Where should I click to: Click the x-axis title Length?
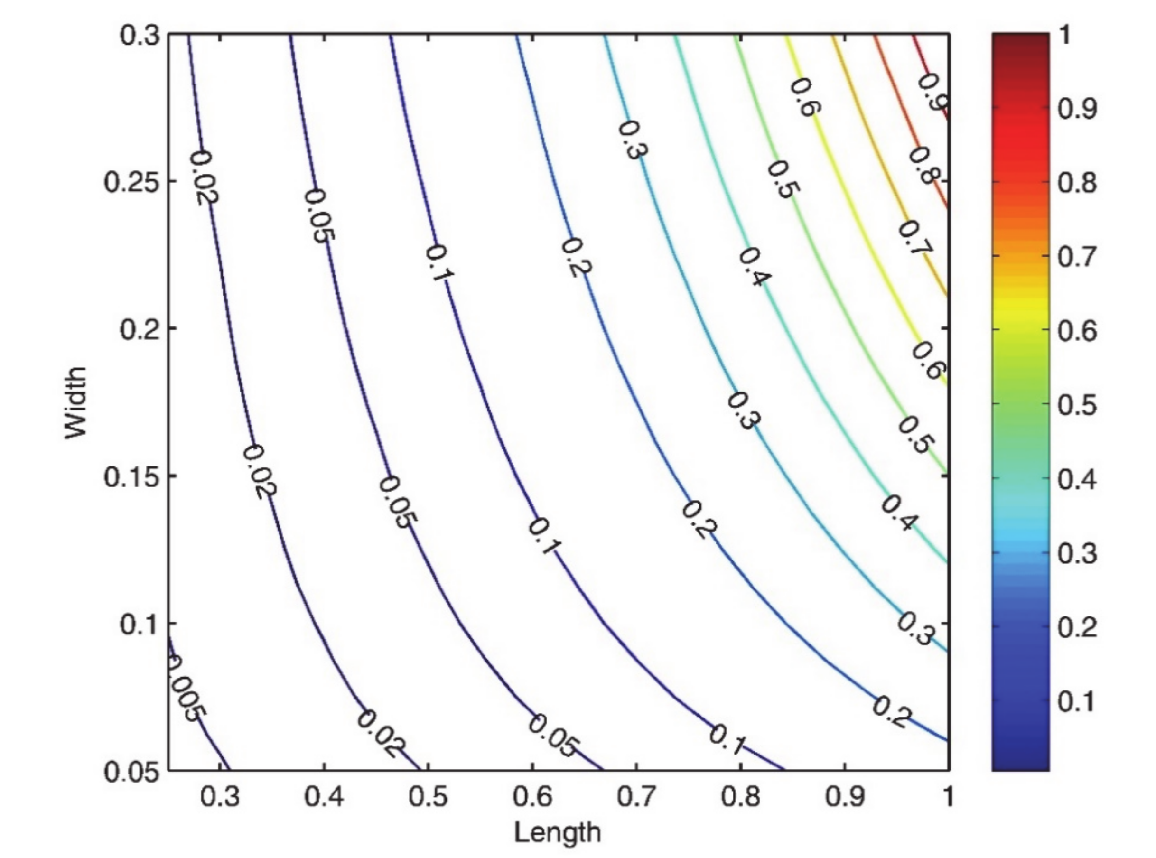pyautogui.click(x=557, y=832)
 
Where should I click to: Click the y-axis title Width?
pyautogui.click(x=76, y=402)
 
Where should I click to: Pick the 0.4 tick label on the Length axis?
pyautogui.click(x=324, y=796)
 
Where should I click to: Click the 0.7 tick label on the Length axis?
pyautogui.click(x=637, y=796)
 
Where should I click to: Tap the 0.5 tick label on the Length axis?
pyautogui.click(x=429, y=796)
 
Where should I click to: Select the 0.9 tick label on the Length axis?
pyautogui.click(x=845, y=796)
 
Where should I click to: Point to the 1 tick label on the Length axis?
pyautogui.click(x=948, y=796)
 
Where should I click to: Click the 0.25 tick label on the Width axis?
pyautogui.click(x=132, y=182)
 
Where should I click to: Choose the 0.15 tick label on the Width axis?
pyautogui.click(x=132, y=477)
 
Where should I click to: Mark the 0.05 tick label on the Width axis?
pyautogui.click(x=132, y=772)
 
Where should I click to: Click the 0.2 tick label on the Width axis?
pyautogui.click(x=140, y=330)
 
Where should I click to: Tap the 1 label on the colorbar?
pyautogui.click(x=1064, y=35)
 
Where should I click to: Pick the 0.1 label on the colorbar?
pyautogui.click(x=1078, y=700)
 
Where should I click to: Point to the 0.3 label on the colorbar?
pyautogui.click(x=1078, y=552)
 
